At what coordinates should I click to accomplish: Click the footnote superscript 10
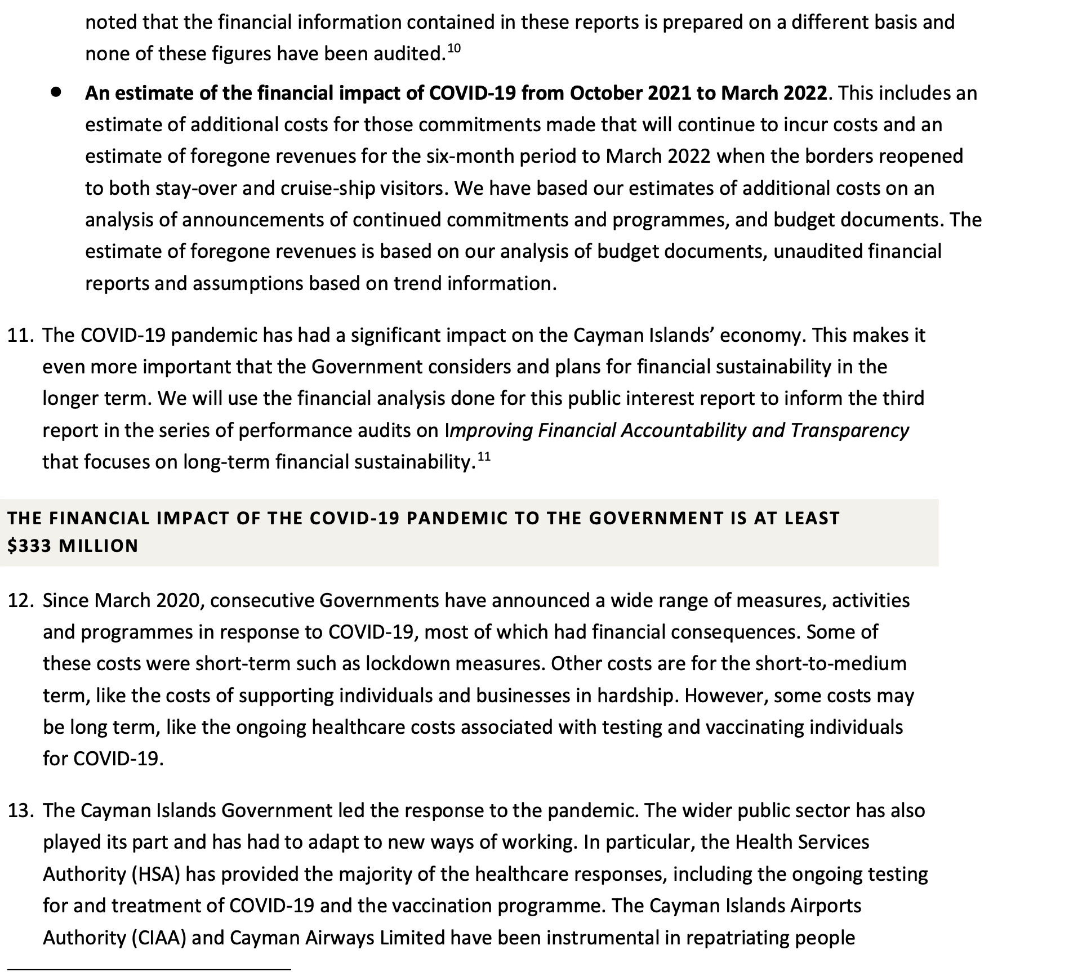[x=453, y=48]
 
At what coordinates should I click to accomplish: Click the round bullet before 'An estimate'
[x=56, y=93]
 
